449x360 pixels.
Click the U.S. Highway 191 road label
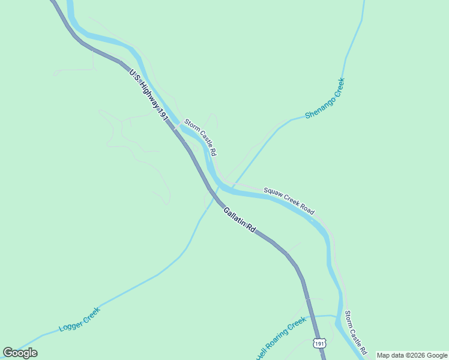(148, 96)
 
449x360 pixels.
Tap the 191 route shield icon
(320, 343)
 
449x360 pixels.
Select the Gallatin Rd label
(240, 220)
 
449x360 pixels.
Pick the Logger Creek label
(79, 320)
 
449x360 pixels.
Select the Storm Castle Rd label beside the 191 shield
(355, 332)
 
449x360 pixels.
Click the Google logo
(20, 353)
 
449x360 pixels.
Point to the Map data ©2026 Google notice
(412, 355)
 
